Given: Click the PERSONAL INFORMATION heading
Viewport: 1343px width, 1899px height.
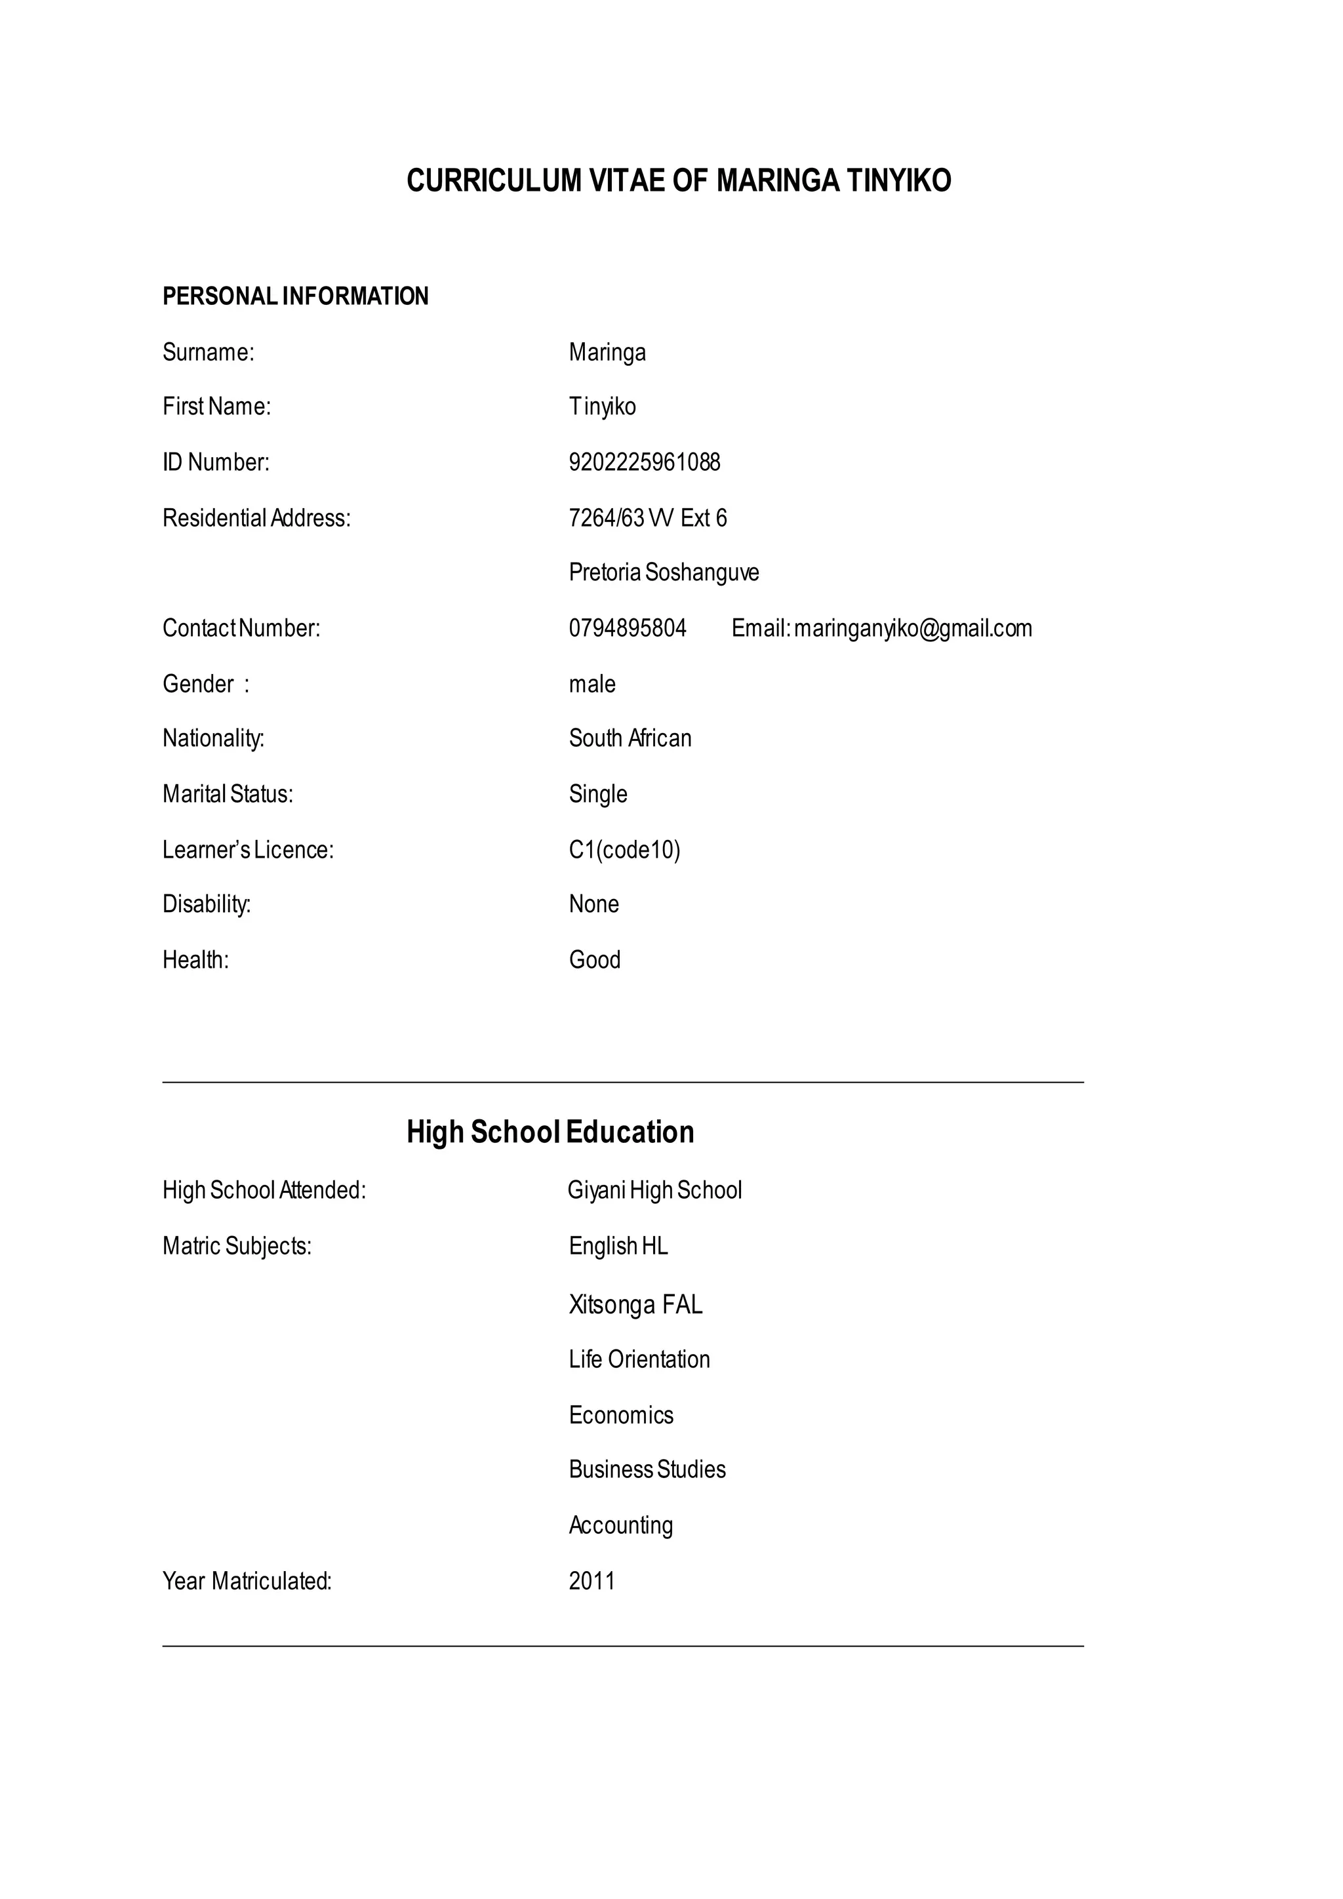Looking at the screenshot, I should tap(295, 296).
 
